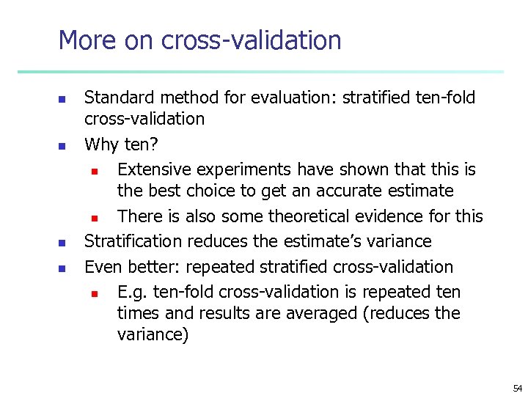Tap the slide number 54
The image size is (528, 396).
pos(518,388)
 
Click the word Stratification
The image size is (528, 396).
pos(134,241)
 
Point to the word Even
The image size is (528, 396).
pos(101,267)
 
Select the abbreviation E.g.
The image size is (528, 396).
pos(132,293)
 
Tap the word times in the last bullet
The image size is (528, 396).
pos(135,313)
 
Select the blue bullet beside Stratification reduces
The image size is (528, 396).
pos(63,243)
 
